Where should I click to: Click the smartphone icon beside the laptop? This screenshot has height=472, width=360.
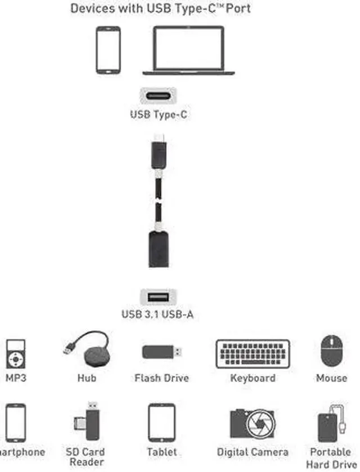tap(108, 50)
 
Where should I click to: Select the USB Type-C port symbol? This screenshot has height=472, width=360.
tap(157, 95)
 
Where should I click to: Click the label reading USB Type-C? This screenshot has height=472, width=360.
tap(158, 114)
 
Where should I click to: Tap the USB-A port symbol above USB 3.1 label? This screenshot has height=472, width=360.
tap(157, 296)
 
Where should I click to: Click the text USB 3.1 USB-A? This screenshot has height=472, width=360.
tap(157, 314)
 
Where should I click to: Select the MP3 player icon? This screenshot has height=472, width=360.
tap(16, 354)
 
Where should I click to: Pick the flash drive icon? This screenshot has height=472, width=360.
tap(161, 353)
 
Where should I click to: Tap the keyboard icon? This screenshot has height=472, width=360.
tap(253, 354)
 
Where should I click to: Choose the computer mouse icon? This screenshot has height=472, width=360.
tap(331, 352)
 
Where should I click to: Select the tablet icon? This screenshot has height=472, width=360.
tap(161, 422)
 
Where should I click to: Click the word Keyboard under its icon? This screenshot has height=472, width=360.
tap(253, 378)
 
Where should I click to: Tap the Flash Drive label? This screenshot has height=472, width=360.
tap(161, 378)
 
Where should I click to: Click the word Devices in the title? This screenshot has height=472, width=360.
tap(91, 9)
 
